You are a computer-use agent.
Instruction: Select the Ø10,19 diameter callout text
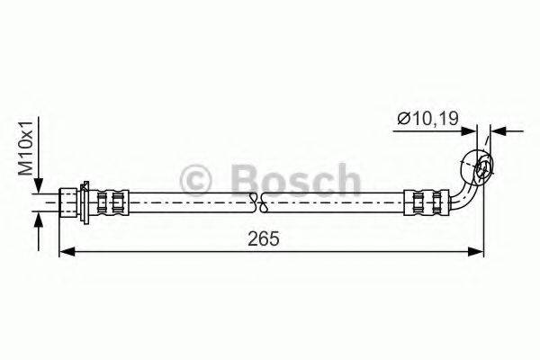point(422,118)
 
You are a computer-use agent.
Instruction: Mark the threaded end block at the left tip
point(68,201)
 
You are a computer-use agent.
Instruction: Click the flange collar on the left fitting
point(83,201)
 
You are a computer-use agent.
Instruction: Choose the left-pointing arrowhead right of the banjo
point(498,131)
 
